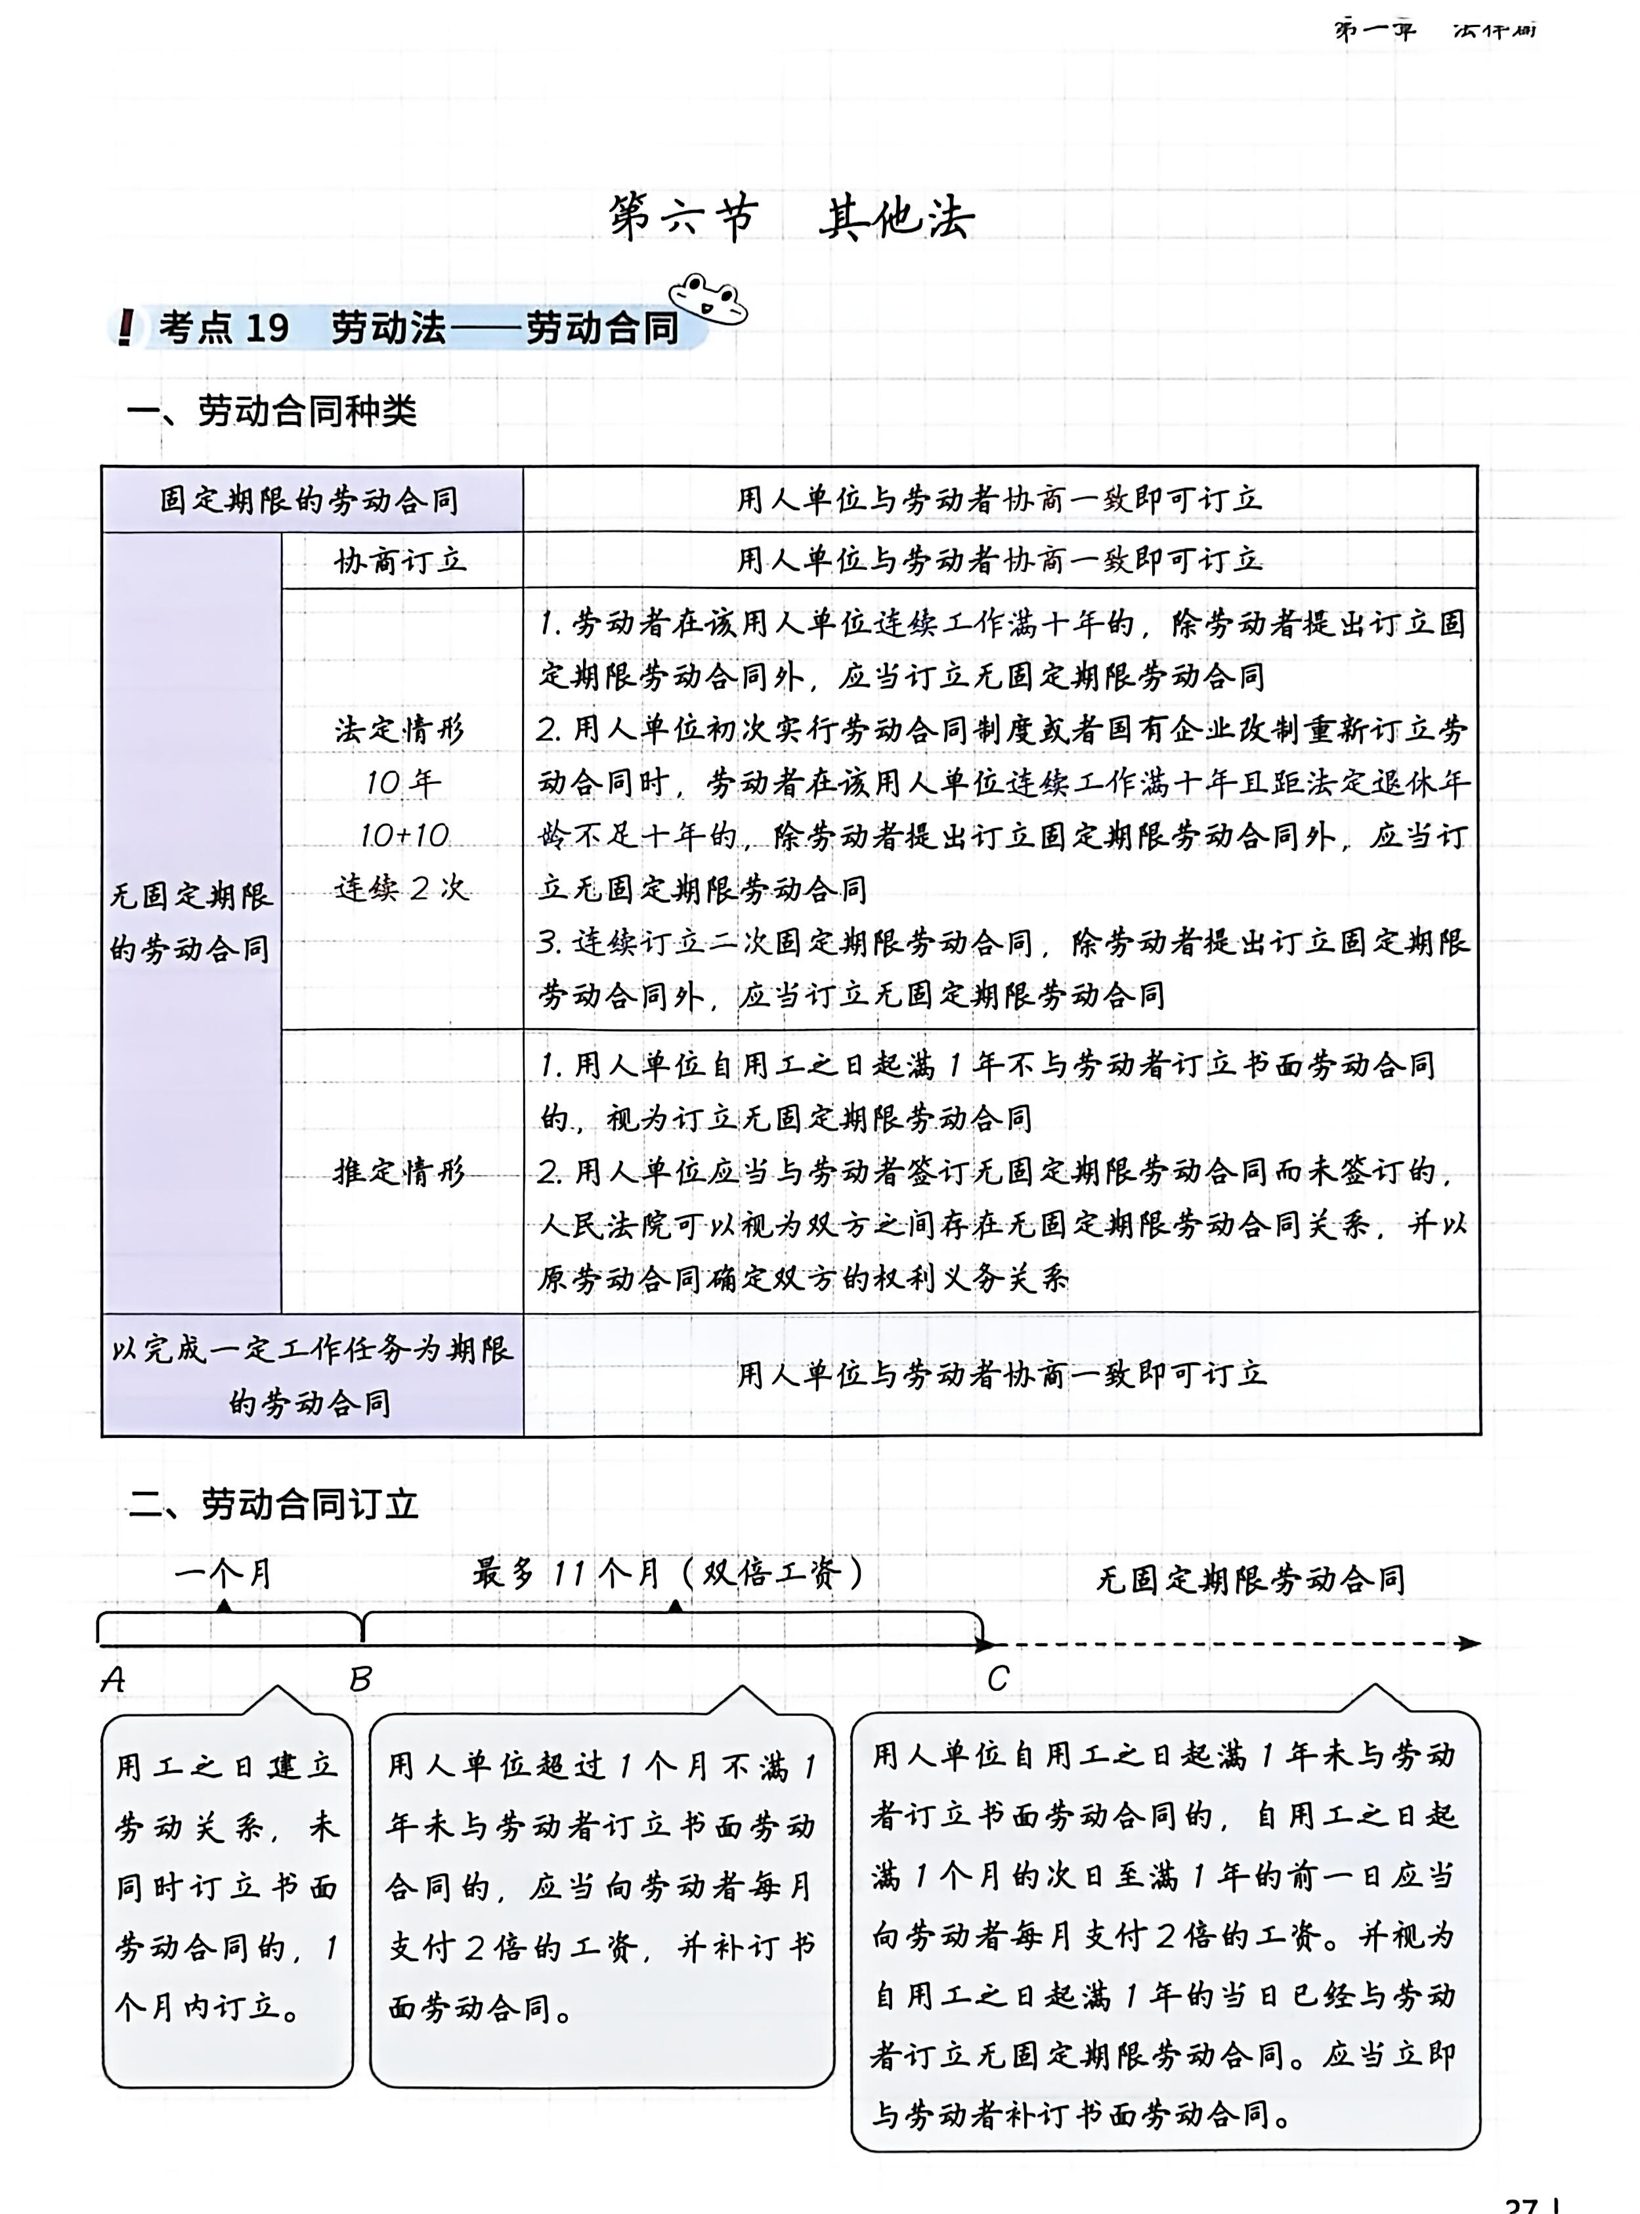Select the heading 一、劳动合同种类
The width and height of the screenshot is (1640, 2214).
point(271,410)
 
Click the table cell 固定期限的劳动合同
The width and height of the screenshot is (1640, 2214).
point(310,500)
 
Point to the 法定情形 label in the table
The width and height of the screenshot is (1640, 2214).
point(399,731)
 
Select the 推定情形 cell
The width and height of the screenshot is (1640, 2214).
point(399,1173)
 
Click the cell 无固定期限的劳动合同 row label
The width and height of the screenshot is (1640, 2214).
point(190,923)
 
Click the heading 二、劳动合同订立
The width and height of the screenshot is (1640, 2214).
point(273,1505)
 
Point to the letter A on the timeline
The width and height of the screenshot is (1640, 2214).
point(113,1680)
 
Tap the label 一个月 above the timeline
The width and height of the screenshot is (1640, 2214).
point(223,1574)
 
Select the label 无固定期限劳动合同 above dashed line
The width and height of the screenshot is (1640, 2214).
point(1250,1578)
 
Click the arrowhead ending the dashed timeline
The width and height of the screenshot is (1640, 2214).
point(1469,1644)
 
